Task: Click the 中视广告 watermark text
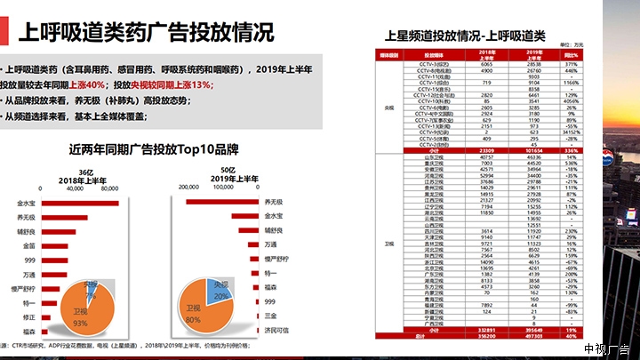click(607, 348)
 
